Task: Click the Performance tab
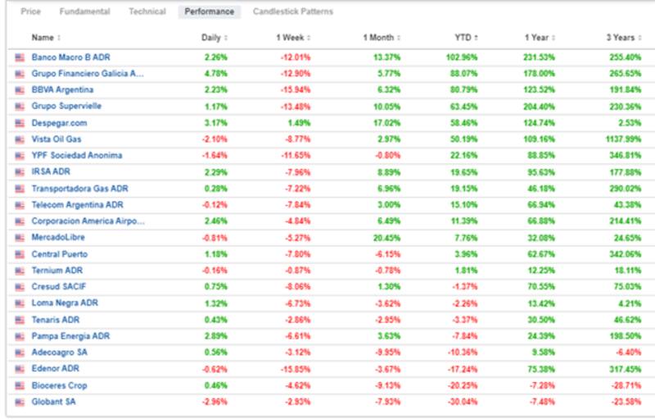pyautogui.click(x=209, y=11)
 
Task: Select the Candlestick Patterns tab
pyautogui.click(x=293, y=11)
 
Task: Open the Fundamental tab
pyautogui.click(x=85, y=11)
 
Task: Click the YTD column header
pyautogui.click(x=463, y=38)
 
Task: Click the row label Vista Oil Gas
pyautogui.click(x=56, y=139)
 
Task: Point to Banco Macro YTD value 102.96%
pyautogui.click(x=461, y=57)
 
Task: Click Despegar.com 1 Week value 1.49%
pyautogui.click(x=300, y=123)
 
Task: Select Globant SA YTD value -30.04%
pyautogui.click(x=461, y=402)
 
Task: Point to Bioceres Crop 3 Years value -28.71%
pyautogui.click(x=625, y=385)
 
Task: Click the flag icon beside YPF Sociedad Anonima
pyautogui.click(x=20, y=156)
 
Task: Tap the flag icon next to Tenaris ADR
pyautogui.click(x=20, y=320)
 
